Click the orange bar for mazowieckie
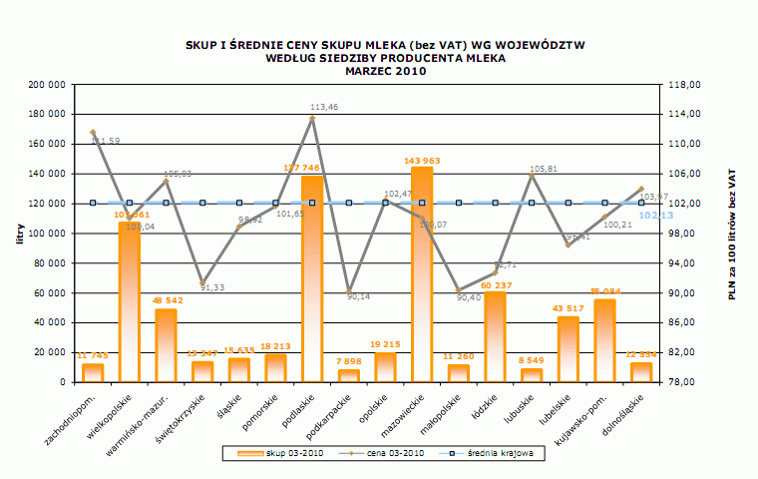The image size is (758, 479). coord(422,274)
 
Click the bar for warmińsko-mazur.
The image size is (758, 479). coord(166,345)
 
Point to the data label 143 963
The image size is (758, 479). coord(422,160)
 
